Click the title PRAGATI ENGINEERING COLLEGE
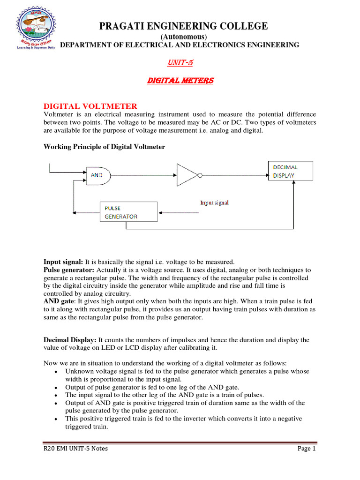183,26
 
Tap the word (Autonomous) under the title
183,37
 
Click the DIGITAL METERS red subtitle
180,81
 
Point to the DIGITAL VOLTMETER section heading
90,106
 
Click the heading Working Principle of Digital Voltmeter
104,147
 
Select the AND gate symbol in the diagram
99,175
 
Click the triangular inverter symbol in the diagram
187,175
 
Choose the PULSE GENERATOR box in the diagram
128,212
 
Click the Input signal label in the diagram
214,202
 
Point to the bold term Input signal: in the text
63,262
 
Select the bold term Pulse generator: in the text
69,270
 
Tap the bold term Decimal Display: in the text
70,339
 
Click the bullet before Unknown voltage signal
56,372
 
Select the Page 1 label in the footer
307,449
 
